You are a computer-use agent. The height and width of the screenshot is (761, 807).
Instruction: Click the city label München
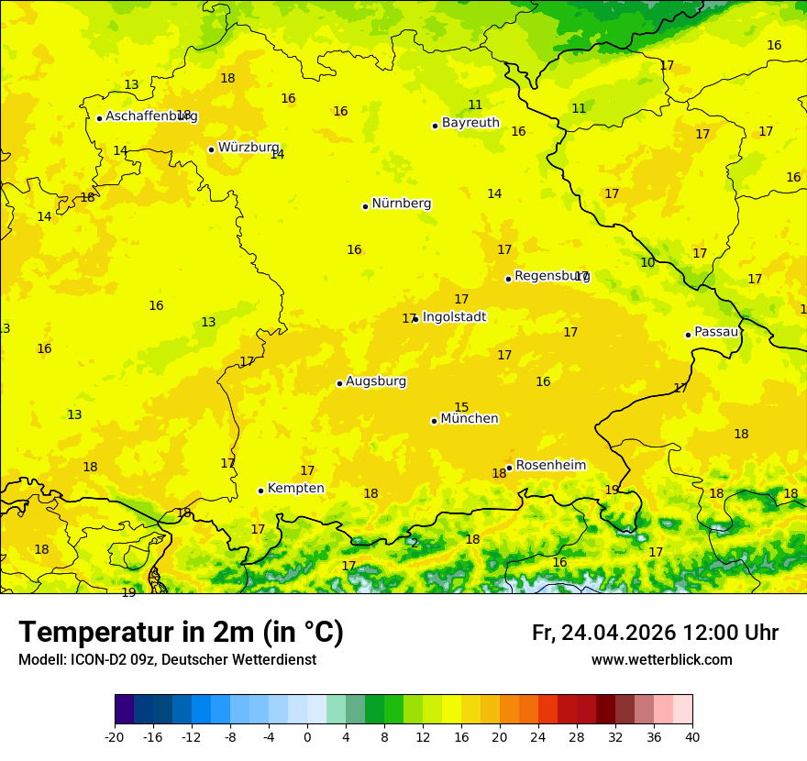[x=469, y=419]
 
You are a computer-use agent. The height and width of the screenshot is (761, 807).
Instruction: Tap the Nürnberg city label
[x=401, y=204]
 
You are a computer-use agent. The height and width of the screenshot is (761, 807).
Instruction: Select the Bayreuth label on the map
[x=470, y=123]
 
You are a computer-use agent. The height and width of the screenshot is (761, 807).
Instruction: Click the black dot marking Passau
[x=688, y=335]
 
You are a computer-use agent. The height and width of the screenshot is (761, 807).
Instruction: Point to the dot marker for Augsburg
[x=339, y=383]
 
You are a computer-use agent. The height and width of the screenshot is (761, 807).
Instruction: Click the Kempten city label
[x=295, y=489]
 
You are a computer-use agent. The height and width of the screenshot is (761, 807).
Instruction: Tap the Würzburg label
[x=248, y=148]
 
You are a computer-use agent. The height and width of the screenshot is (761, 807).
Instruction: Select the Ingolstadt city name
[x=454, y=317]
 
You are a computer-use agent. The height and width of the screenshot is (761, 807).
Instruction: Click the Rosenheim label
[x=550, y=466]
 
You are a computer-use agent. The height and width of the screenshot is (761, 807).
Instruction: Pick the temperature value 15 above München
[x=461, y=407]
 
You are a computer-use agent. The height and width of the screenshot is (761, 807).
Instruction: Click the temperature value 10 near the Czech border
[x=647, y=262]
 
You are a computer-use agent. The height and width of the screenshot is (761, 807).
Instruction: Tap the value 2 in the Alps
[x=415, y=543]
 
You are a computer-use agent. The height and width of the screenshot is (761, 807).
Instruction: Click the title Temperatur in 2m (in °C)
[x=181, y=633]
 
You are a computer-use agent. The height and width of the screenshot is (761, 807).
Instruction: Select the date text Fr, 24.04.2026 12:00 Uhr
[x=655, y=634]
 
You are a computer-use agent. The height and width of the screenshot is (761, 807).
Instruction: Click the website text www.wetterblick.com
[x=661, y=660]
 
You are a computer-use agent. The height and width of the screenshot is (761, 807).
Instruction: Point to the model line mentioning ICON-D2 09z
[x=167, y=660]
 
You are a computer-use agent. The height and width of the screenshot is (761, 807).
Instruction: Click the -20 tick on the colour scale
[x=115, y=737]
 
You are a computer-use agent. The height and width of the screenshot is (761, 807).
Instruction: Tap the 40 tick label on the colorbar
[x=692, y=737]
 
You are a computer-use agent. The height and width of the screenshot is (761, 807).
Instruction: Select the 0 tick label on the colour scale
[x=307, y=737]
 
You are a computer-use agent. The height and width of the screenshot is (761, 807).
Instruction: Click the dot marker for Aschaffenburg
[x=99, y=118]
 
